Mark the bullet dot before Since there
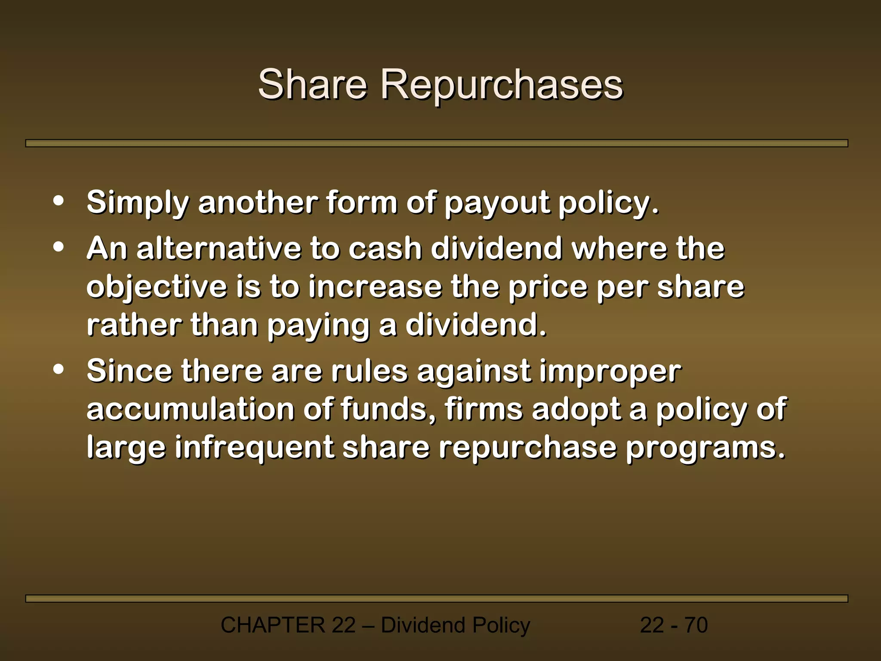59,369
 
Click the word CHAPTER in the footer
273,625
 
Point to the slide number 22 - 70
674,625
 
